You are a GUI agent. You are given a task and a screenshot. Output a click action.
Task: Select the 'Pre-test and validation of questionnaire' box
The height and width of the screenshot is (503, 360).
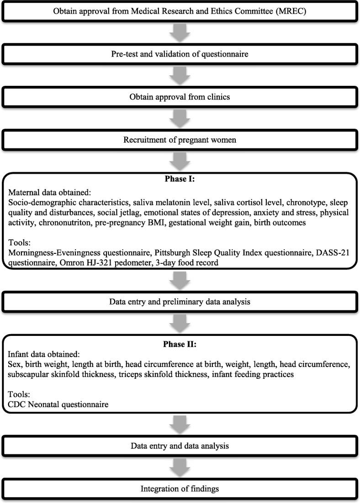[180, 54]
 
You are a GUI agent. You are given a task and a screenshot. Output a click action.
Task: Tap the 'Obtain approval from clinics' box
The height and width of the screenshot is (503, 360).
[180, 97]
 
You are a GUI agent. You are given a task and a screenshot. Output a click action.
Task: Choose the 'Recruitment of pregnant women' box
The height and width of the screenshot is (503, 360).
[180, 140]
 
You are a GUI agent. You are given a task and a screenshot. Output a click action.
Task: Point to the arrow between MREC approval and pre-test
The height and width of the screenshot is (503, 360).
[180, 32]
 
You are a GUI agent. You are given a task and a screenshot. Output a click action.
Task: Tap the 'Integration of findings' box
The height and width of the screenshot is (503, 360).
[180, 489]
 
